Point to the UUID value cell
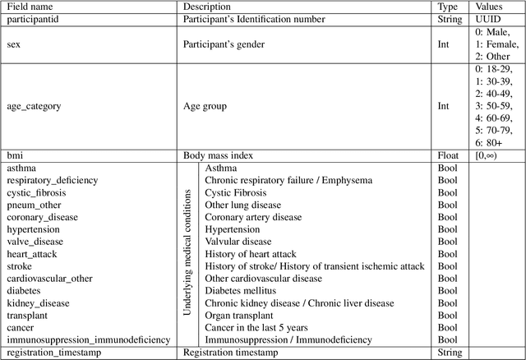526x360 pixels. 489,18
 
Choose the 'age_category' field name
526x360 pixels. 34,106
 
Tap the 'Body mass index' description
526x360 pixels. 219,155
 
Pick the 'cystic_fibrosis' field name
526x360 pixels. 37,192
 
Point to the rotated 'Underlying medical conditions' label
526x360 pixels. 188,253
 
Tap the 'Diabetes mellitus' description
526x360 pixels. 241,291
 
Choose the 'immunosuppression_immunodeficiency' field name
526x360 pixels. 89,339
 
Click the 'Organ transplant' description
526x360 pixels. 239,315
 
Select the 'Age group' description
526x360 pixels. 205,106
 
